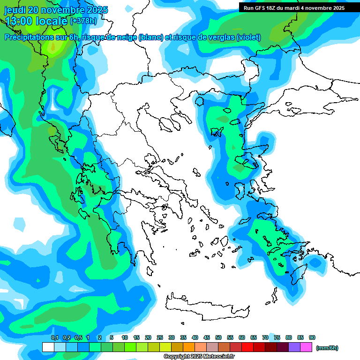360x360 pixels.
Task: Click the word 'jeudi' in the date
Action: [x=15, y=10]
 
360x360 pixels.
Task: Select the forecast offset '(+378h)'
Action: [x=83, y=21]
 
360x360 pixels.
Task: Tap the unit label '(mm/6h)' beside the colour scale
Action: [x=327, y=348]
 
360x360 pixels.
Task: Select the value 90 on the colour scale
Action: [x=312, y=338]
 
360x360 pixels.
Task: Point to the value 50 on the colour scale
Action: [x=218, y=338]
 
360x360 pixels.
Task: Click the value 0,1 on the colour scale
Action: [x=54, y=338]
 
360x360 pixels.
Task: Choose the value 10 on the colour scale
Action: [x=125, y=338]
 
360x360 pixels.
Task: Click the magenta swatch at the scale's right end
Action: [x=306, y=347]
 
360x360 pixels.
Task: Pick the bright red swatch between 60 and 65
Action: [x=247, y=347]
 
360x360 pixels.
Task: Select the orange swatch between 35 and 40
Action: [x=189, y=347]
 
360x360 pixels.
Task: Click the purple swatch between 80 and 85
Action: [x=294, y=347]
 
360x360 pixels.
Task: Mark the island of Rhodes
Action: [x=295, y=274]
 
